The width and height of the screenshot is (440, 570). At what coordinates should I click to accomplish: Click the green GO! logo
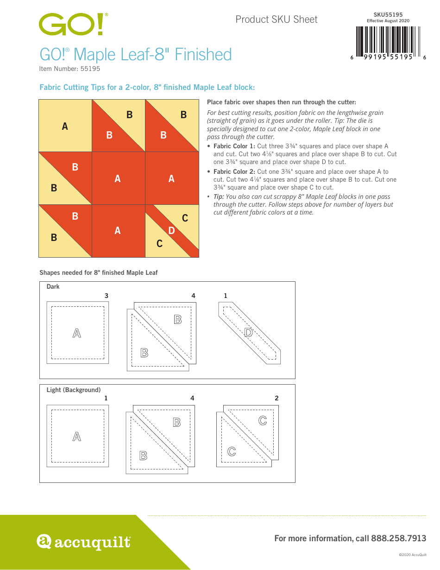tap(74, 24)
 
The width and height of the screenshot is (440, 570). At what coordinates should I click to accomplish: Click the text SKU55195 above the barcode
tap(388, 15)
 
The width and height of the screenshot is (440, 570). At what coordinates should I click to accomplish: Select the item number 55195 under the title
tap(90, 69)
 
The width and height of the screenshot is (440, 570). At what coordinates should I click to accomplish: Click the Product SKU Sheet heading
tap(277, 19)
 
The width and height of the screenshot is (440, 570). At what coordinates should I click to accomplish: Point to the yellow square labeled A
tap(65, 126)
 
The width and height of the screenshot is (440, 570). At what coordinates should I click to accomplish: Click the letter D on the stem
tap(171, 230)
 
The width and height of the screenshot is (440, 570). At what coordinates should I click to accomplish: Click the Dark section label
tap(53, 287)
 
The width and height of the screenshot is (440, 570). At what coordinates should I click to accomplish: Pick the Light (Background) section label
tap(74, 390)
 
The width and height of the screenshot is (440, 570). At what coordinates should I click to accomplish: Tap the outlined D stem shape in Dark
tap(249, 332)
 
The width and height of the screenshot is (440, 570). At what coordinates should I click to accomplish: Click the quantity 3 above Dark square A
tap(106, 296)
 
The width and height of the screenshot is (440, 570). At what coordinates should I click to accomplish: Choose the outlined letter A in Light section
tap(77, 437)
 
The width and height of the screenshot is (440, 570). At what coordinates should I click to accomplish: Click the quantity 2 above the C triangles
tap(277, 398)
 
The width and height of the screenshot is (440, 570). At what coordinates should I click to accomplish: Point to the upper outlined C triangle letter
tap(263, 420)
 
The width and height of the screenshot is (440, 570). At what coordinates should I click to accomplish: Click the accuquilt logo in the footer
tap(83, 542)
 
